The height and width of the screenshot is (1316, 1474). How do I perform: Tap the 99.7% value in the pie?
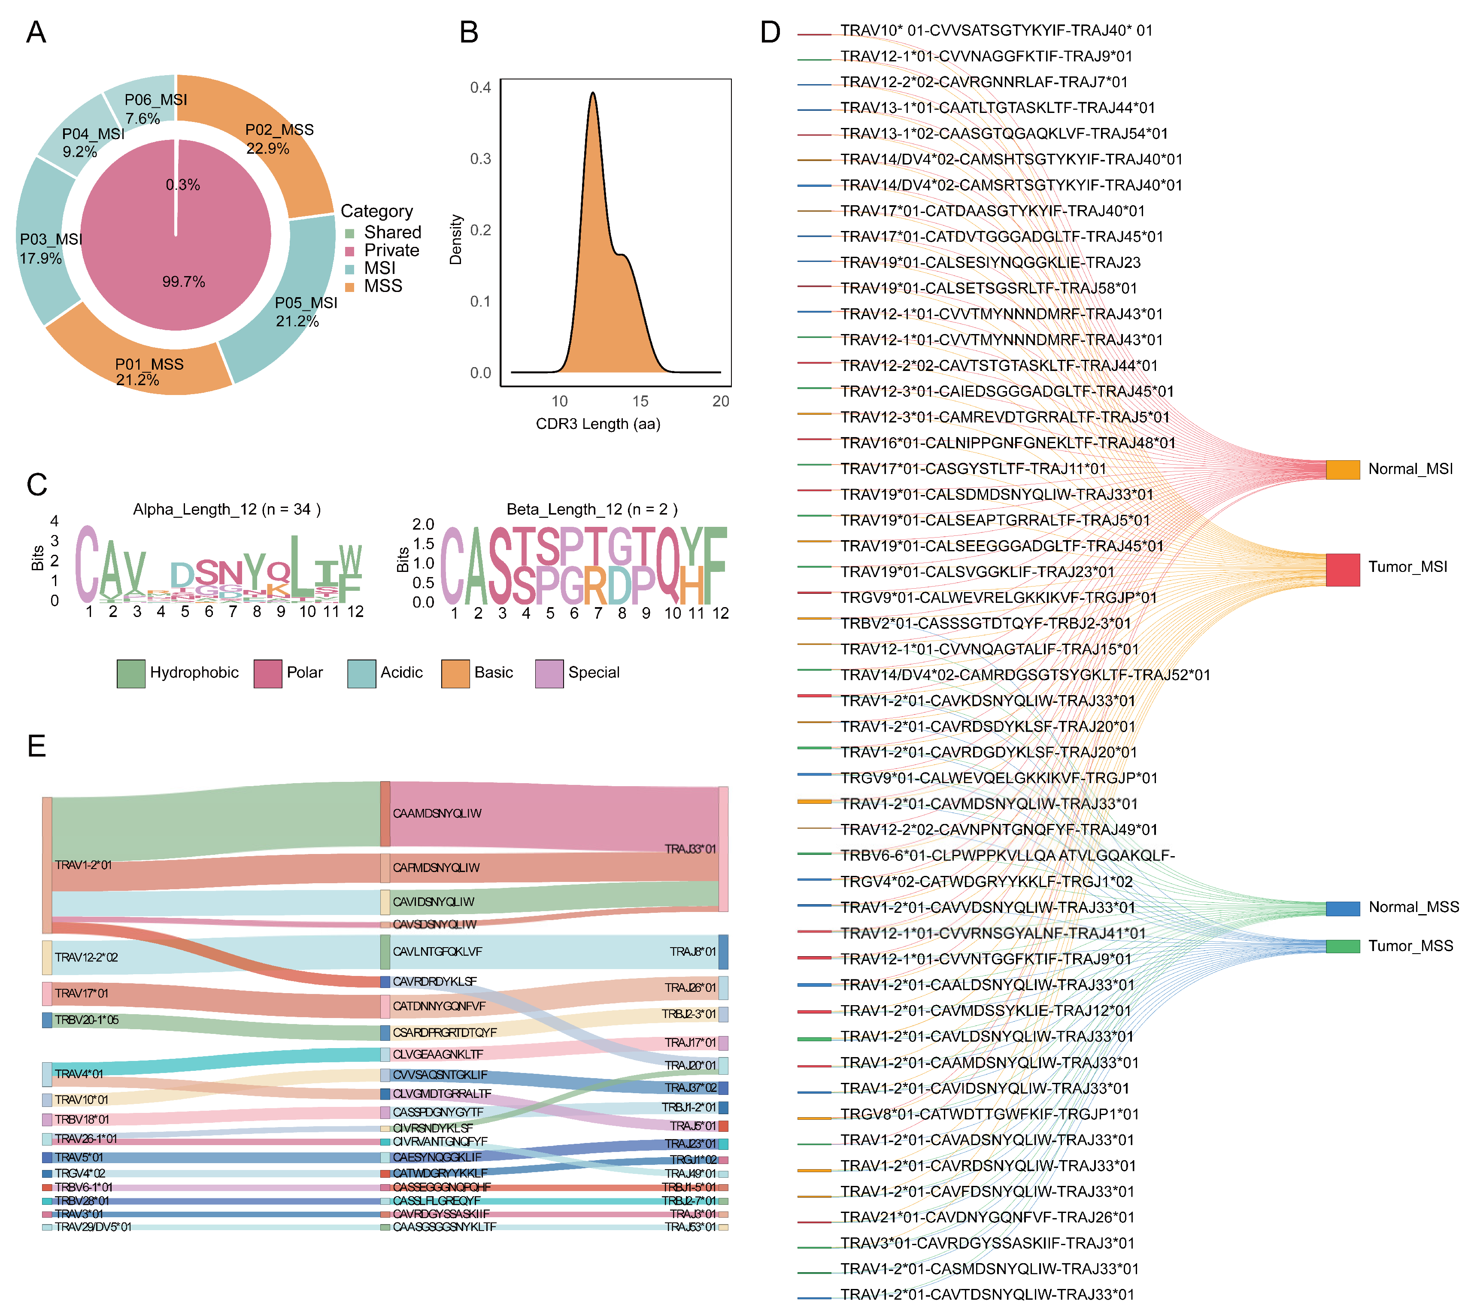pos(184,282)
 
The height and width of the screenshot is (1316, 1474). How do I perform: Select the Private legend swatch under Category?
pos(350,251)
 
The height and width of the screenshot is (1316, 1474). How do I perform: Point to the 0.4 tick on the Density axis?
pos(481,88)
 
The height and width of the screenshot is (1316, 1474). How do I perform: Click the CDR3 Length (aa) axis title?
pos(598,424)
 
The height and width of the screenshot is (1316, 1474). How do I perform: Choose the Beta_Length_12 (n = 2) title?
pos(592,509)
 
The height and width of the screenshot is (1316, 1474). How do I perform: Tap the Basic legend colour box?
pos(455,673)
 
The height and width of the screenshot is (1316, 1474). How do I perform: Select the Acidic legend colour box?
pos(361,673)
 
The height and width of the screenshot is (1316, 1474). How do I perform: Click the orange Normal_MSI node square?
pos(1342,469)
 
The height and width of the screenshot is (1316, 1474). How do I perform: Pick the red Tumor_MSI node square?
pos(1342,569)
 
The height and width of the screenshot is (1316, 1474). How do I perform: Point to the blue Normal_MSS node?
pos(1342,908)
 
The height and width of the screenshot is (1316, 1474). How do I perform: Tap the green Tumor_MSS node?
pos(1342,946)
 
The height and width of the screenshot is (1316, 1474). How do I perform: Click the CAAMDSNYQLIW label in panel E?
pos(437,814)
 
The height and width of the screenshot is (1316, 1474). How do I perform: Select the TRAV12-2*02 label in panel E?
pos(86,957)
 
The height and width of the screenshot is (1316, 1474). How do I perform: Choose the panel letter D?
pos(770,33)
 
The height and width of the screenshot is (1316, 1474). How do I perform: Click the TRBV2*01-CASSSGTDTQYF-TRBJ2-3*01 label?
pos(986,623)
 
